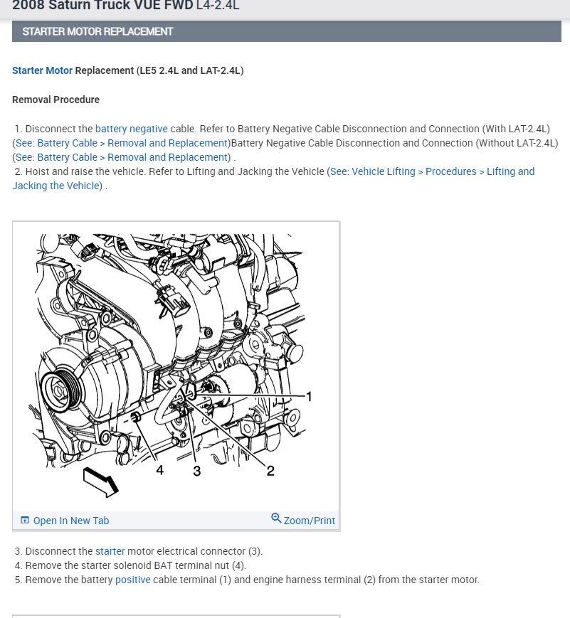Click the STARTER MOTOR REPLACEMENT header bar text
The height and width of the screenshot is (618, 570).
tap(97, 31)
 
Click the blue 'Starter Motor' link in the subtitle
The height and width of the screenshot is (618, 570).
tap(42, 70)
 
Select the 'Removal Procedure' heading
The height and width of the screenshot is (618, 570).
tap(56, 100)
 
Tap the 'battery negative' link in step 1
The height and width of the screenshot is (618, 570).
tap(132, 129)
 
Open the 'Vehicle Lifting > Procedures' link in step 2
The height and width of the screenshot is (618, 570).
tap(403, 171)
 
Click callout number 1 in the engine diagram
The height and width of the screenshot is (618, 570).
tap(310, 396)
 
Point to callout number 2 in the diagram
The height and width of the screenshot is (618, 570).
tap(270, 471)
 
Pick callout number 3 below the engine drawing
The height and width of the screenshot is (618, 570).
tap(197, 471)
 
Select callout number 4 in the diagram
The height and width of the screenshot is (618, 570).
tap(160, 470)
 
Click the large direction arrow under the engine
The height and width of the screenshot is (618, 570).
tap(100, 481)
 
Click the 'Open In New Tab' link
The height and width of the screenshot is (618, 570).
tap(71, 521)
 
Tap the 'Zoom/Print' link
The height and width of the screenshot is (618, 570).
tap(310, 521)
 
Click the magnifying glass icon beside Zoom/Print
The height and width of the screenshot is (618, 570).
tap(276, 518)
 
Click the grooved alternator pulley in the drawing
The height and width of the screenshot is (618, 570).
tap(60, 391)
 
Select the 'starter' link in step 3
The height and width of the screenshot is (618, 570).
tap(110, 551)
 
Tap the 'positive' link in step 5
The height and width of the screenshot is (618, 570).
tap(133, 580)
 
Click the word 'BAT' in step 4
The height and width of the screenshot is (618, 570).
tap(163, 565)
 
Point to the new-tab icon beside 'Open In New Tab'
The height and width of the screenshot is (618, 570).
tap(25, 521)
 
